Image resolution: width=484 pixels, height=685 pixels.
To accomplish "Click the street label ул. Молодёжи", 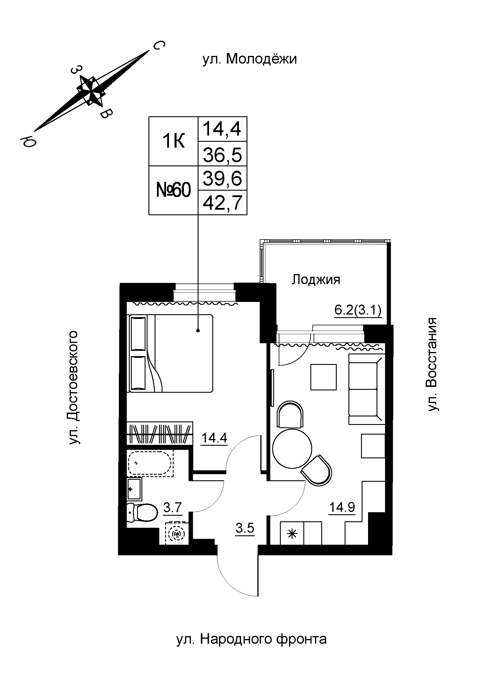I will point(249,59).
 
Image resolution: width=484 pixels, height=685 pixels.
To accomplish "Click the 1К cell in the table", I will point(174,141).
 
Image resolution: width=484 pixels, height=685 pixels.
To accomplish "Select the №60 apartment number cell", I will point(174,190).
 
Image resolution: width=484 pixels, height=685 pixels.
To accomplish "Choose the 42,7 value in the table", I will point(222,203).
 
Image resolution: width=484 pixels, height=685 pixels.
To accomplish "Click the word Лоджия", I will point(316,280).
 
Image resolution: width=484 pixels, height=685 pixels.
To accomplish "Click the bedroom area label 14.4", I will point(214,438).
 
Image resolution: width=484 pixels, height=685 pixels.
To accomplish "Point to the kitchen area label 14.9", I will point(342,507).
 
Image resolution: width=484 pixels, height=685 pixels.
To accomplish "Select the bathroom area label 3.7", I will point(173,507).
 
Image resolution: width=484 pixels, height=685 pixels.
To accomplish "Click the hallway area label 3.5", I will point(244,528).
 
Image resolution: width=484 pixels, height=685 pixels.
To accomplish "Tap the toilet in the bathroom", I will point(143,512).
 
